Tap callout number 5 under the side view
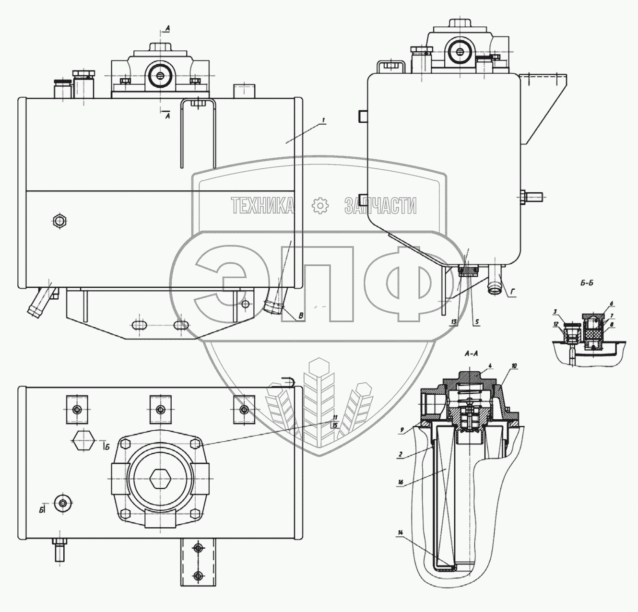tap(476, 322)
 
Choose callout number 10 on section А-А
tap(514, 366)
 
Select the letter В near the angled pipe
tap(300, 316)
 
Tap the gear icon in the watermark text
tap(319, 206)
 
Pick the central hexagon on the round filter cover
tap(160, 478)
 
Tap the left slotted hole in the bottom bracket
tap(140, 325)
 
